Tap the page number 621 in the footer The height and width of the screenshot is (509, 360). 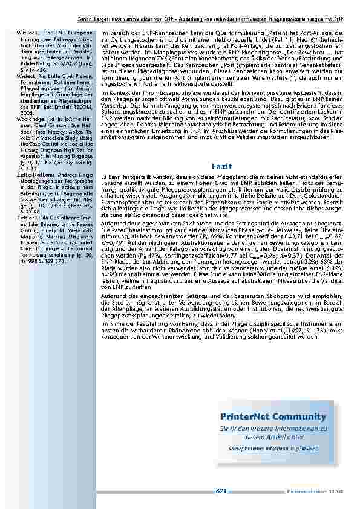(221, 491)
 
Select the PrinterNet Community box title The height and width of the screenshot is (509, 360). (281, 417)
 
